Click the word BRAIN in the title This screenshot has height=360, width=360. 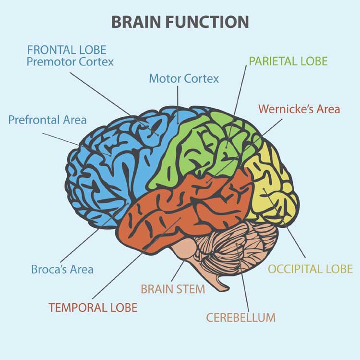coord(136,22)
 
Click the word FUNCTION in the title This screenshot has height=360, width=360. coord(207,22)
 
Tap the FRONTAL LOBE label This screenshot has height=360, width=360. coord(67,50)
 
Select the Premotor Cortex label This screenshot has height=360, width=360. coord(70,62)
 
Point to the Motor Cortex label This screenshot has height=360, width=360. coord(184,79)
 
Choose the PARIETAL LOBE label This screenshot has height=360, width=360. coord(288,61)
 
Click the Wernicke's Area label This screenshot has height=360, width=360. coord(299,109)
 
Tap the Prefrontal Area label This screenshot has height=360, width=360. coord(48,120)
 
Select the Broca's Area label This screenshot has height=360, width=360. coord(62,269)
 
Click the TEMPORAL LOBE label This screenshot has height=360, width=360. coord(93,307)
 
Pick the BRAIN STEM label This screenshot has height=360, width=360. coord(173,289)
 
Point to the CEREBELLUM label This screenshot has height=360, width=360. coord(240,318)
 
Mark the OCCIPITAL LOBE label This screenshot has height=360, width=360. coord(311,269)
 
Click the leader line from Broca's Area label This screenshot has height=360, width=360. coord(94,233)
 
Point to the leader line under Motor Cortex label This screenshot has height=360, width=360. coord(178,105)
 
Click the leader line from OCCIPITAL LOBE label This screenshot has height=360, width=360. coord(285,223)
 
